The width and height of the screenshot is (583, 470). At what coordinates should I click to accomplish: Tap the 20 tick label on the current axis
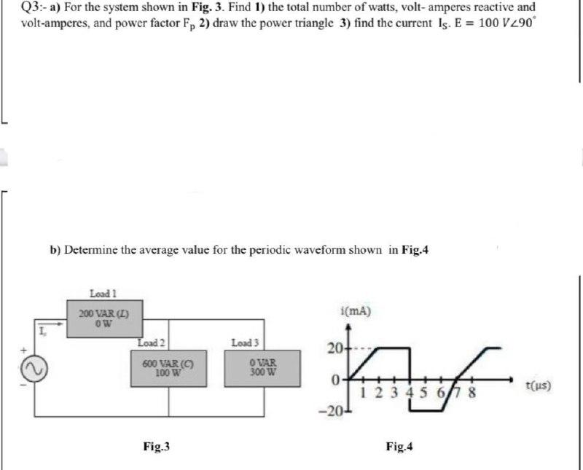[x=333, y=348]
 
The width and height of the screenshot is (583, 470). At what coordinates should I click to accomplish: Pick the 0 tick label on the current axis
[x=335, y=380]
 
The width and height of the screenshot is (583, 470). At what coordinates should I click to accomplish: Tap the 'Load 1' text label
[x=103, y=294]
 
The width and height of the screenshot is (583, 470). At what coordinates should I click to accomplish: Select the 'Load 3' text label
[x=245, y=342]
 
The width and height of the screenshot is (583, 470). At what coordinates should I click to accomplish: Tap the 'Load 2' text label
[x=152, y=342]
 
